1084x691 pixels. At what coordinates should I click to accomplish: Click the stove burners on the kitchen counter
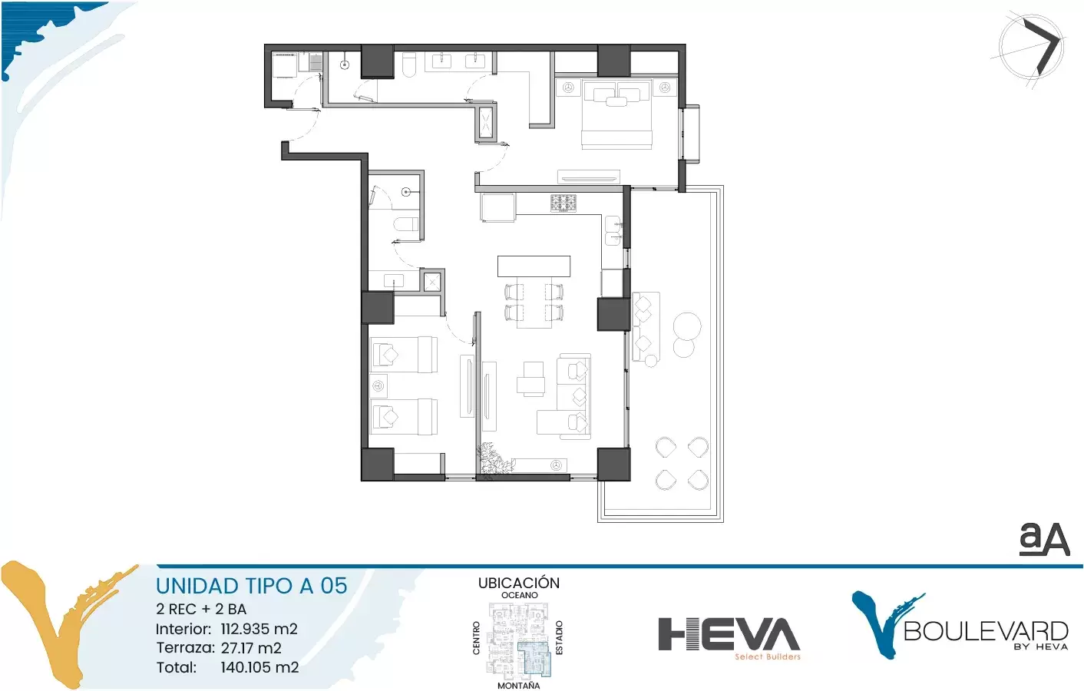pos(563,203)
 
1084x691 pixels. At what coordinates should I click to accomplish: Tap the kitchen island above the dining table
pos(534,266)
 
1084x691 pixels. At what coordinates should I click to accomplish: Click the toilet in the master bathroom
pos(409,64)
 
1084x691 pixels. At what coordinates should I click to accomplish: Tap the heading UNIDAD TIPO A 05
pos(252,586)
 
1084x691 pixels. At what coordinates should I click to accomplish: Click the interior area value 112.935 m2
pos(259,629)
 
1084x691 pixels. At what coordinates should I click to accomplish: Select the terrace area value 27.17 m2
pos(251,648)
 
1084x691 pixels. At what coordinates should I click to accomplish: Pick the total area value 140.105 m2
pos(260,667)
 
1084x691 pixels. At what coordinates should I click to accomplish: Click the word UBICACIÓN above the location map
pos(519,583)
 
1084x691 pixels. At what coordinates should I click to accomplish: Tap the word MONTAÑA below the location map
pos(519,685)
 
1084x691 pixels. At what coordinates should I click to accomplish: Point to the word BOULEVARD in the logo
pos(986,631)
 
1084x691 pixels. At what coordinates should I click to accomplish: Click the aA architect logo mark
pos(1044,539)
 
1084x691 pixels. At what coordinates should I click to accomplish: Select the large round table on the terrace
pos(686,326)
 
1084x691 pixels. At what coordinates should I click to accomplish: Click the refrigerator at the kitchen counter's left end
pos(498,207)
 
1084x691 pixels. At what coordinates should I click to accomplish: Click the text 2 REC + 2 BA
pos(201,609)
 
